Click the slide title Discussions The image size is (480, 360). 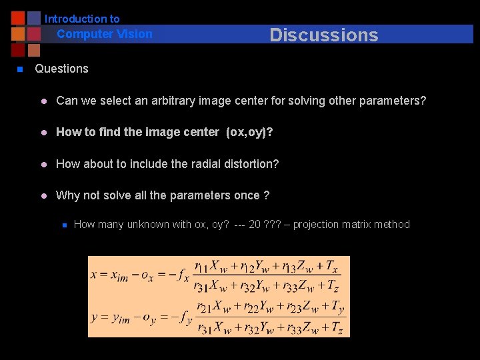tap(323, 35)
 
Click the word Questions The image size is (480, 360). tap(61, 69)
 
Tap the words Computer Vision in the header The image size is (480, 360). tap(105, 34)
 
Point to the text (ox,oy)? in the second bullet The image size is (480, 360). tap(249, 132)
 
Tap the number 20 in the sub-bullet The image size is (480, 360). tap(255, 225)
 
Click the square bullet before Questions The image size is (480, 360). tap(20, 69)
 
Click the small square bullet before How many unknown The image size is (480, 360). tap(63, 225)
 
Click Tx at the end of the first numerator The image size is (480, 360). tap(332, 267)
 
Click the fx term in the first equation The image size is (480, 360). tap(182, 275)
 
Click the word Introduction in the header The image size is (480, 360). tap(82, 19)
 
